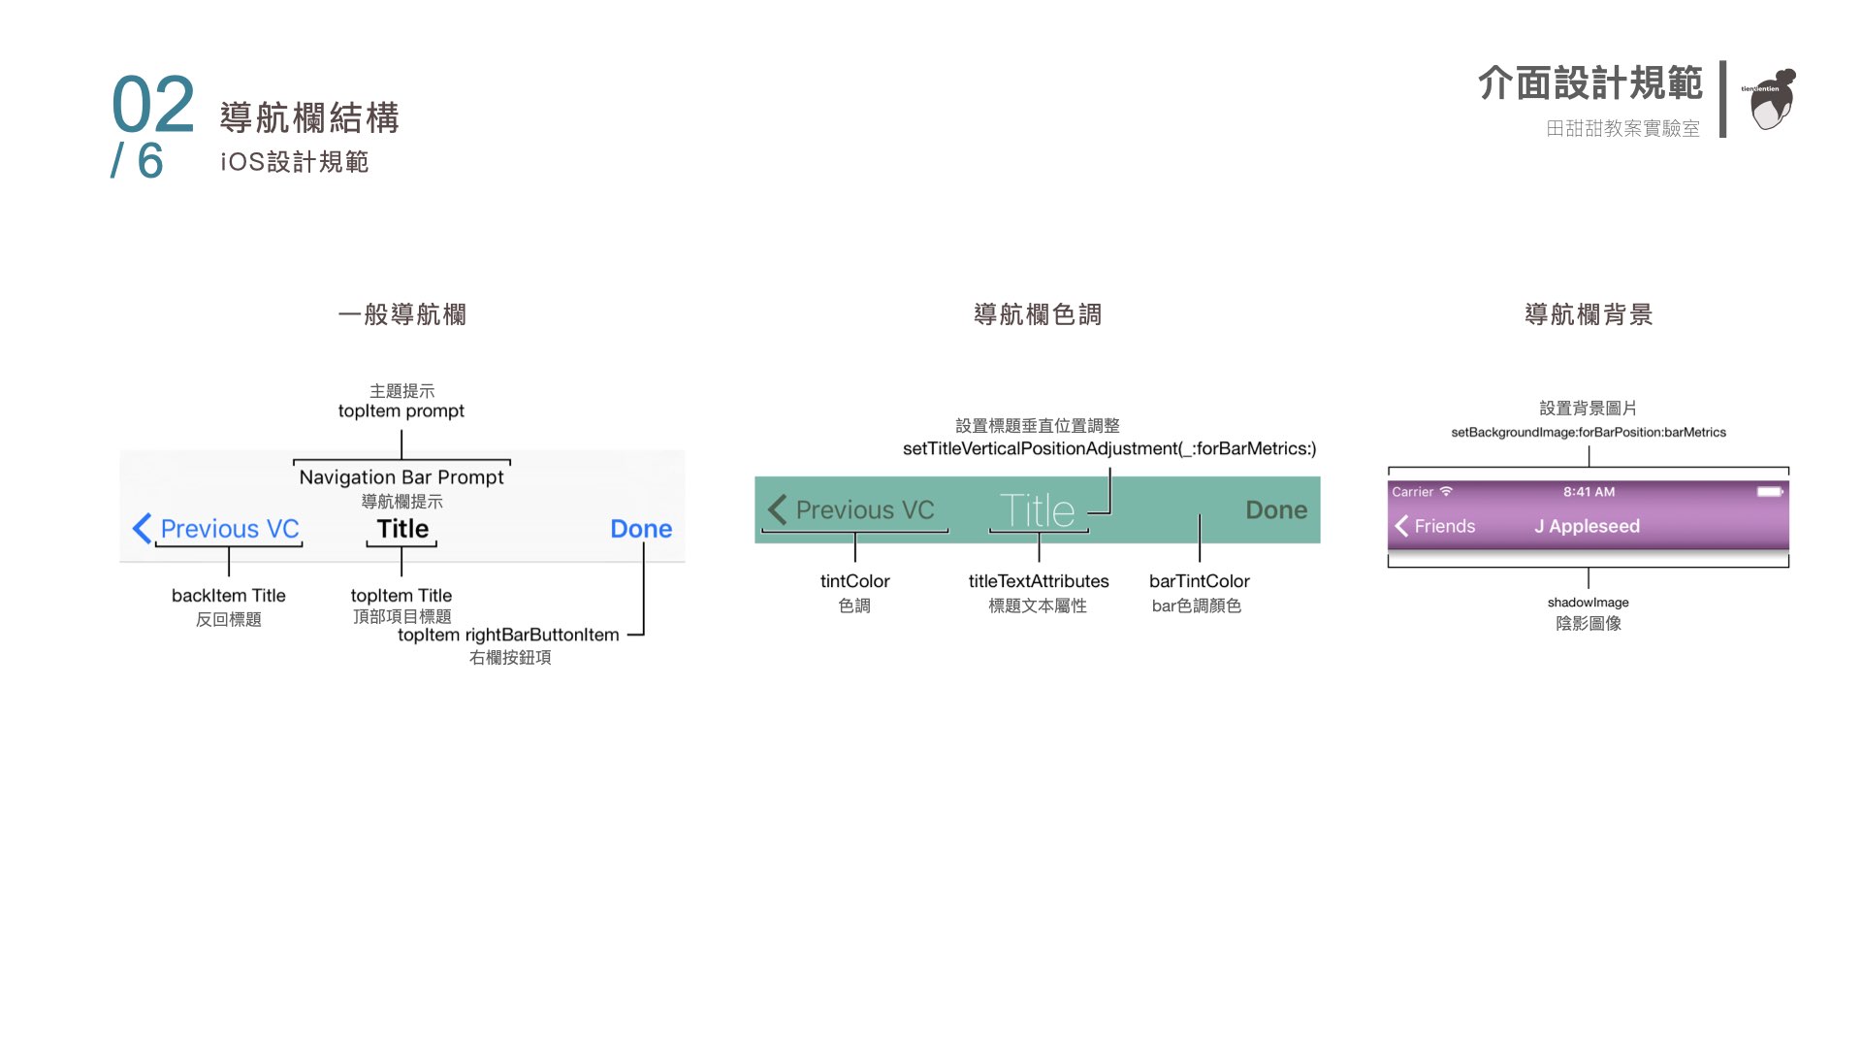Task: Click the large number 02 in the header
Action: [153, 105]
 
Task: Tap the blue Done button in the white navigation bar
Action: [641, 529]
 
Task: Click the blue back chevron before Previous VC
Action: [142, 529]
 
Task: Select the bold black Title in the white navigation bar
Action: [402, 529]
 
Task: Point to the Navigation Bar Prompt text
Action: [401, 477]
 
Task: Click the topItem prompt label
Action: [401, 411]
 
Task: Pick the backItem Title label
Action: [229, 596]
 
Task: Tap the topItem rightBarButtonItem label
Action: [508, 636]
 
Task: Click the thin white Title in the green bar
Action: [1037, 510]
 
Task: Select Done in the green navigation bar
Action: [1276, 510]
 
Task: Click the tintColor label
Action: [854, 581]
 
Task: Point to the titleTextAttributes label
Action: [1039, 581]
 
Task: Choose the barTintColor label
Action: [1200, 581]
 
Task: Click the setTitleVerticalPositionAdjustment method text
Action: [1109, 448]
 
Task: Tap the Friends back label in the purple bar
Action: [1444, 526]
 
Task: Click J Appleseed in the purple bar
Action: [1587, 526]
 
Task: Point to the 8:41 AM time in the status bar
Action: [1589, 492]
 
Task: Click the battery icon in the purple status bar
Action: [1769, 492]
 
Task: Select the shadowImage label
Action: [1588, 603]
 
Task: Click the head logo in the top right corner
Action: [1772, 99]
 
